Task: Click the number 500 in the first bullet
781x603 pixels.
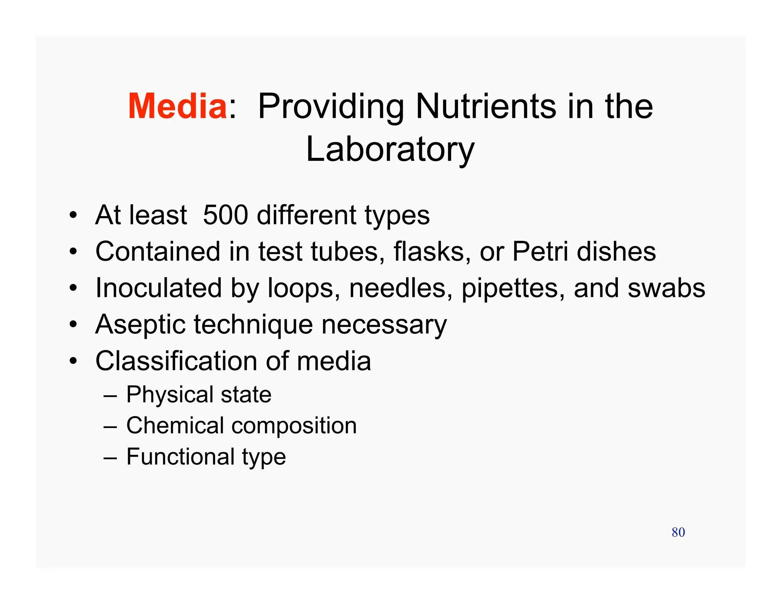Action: [225, 215]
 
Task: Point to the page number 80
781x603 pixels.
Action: [678, 532]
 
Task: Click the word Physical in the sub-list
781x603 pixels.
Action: [170, 395]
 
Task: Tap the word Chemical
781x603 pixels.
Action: [175, 425]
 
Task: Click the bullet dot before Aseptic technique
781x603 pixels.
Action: [73, 325]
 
